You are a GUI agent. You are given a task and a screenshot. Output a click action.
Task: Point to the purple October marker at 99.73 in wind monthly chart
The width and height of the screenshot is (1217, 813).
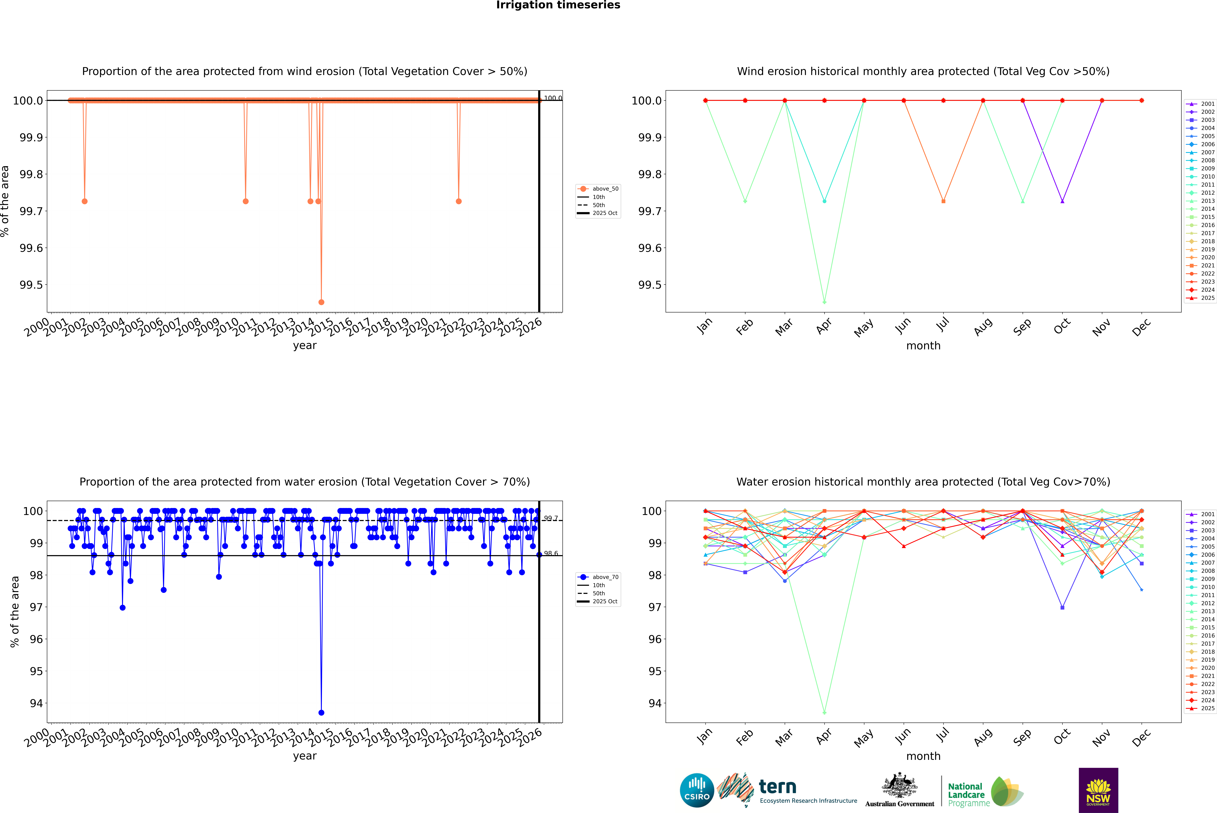(x=1062, y=201)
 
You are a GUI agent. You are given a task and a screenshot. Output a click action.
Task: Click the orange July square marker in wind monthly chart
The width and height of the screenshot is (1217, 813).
(x=943, y=201)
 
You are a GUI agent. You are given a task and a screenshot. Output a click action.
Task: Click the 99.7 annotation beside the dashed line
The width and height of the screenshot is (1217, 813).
(x=550, y=518)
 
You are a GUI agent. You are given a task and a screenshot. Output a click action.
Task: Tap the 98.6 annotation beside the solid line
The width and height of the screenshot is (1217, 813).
(x=550, y=553)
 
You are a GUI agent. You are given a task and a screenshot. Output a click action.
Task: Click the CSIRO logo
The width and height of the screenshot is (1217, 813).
(x=697, y=790)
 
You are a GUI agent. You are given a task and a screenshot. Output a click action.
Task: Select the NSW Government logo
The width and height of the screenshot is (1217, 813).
(x=1098, y=790)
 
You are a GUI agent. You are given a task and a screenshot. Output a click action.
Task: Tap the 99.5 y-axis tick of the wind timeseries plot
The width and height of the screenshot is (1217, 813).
(x=31, y=285)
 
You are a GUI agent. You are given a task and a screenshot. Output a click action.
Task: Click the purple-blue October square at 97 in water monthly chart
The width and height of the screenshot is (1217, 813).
(x=1062, y=607)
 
